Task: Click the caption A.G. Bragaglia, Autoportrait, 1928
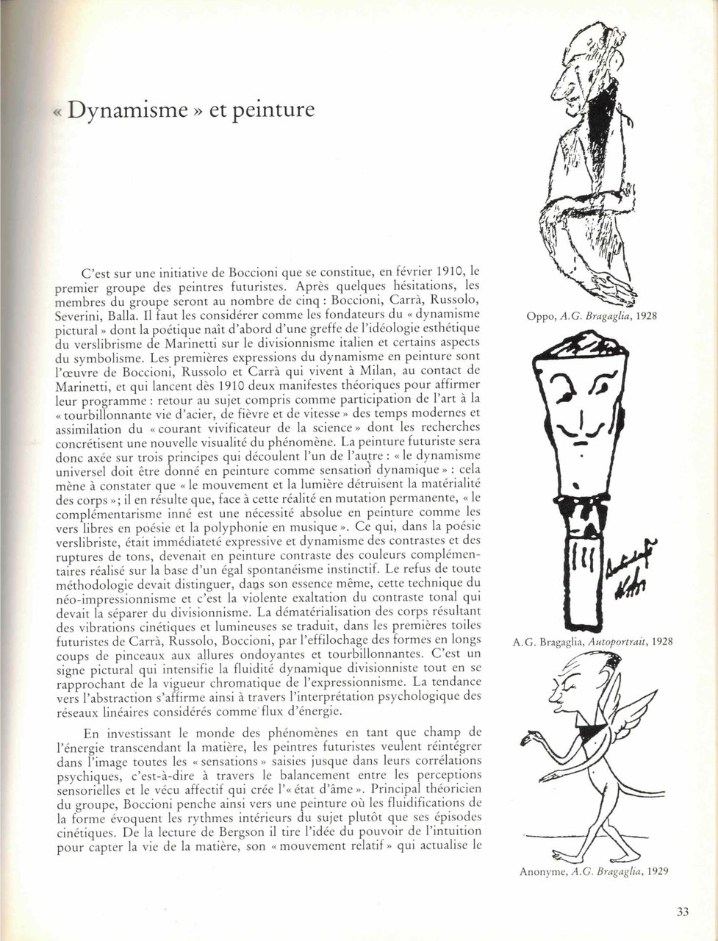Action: tap(592, 642)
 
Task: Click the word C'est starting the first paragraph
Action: tap(98, 272)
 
